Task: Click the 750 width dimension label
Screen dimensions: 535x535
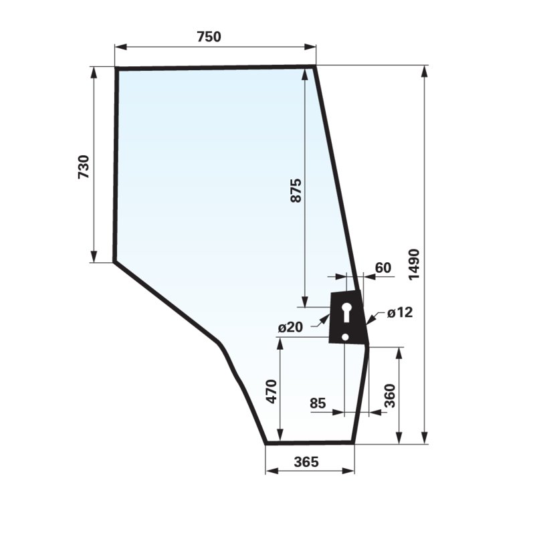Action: [209, 37]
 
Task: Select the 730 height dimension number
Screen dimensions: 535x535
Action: [84, 167]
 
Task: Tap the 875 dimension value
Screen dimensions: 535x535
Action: [296, 191]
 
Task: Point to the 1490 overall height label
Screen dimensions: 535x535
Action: [414, 264]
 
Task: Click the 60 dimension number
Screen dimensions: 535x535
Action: [383, 268]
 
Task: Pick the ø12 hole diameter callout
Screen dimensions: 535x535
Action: [400, 312]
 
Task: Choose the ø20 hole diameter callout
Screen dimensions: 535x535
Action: [290, 327]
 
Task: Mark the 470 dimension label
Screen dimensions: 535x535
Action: [272, 391]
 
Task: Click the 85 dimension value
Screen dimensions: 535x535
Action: [318, 403]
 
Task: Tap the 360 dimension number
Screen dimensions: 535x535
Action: [389, 396]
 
